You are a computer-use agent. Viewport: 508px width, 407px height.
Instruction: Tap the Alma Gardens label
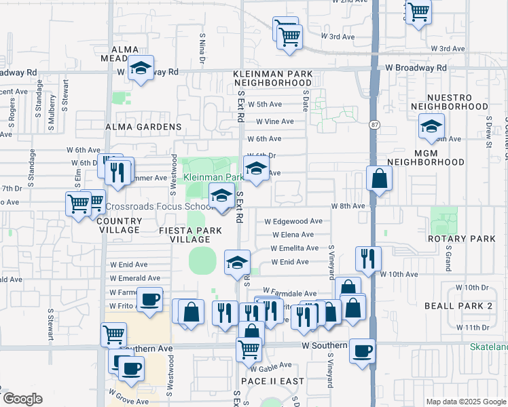[143, 127]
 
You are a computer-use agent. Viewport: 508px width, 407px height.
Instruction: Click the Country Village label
[119, 225]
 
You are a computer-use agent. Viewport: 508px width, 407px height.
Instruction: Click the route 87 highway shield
[374, 125]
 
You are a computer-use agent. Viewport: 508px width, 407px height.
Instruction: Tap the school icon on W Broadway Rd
[141, 69]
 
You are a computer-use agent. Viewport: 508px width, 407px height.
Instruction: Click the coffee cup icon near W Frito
[149, 299]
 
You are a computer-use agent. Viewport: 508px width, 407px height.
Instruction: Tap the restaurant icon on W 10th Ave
[367, 258]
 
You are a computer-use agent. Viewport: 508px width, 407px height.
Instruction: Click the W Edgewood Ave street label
[293, 221]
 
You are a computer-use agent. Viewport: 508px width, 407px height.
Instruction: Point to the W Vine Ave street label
[274, 121]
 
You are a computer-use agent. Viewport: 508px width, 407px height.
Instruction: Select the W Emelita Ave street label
[295, 248]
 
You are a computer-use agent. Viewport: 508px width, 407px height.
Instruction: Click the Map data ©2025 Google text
[465, 402]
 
